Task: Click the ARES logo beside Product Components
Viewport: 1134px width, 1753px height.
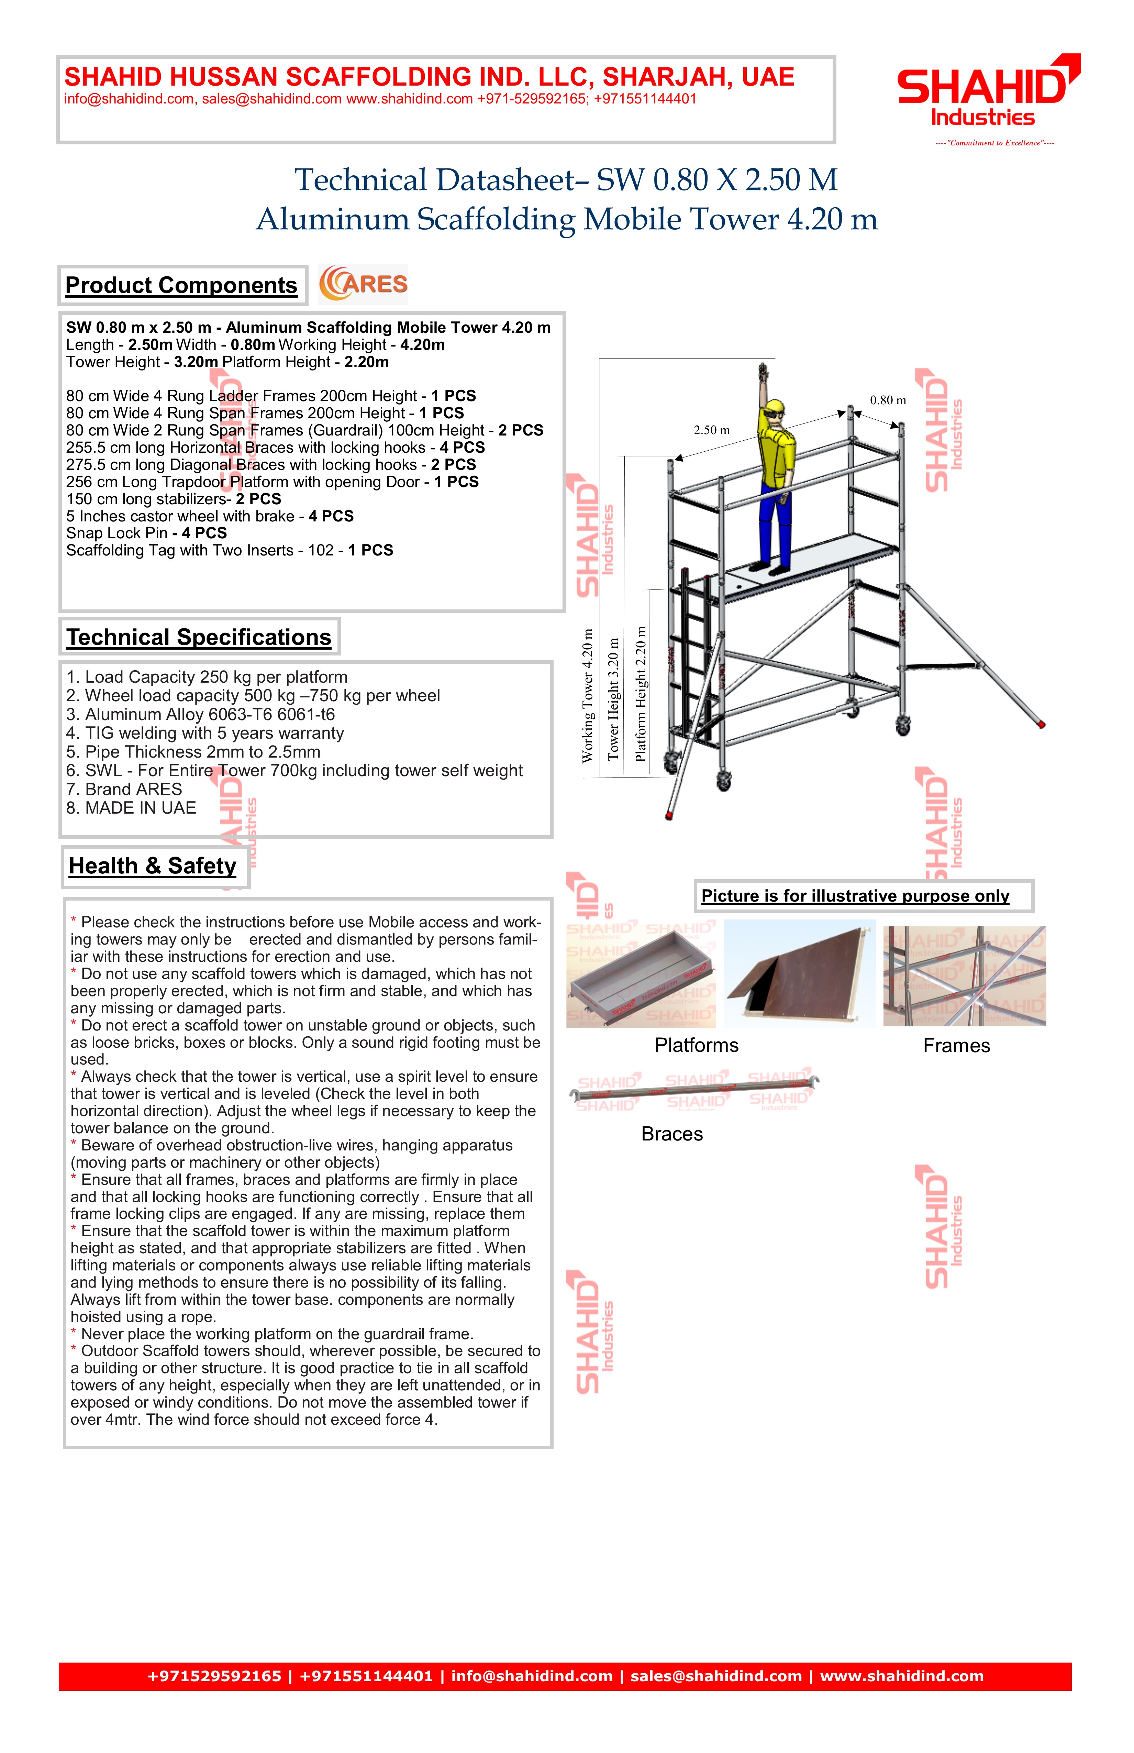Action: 363,284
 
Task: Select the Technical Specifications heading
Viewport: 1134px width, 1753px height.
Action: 199,637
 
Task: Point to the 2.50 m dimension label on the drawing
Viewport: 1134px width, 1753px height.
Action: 711,430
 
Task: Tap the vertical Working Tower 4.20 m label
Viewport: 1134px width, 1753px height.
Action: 588,695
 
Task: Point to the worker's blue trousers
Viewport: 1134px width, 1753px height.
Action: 775,527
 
